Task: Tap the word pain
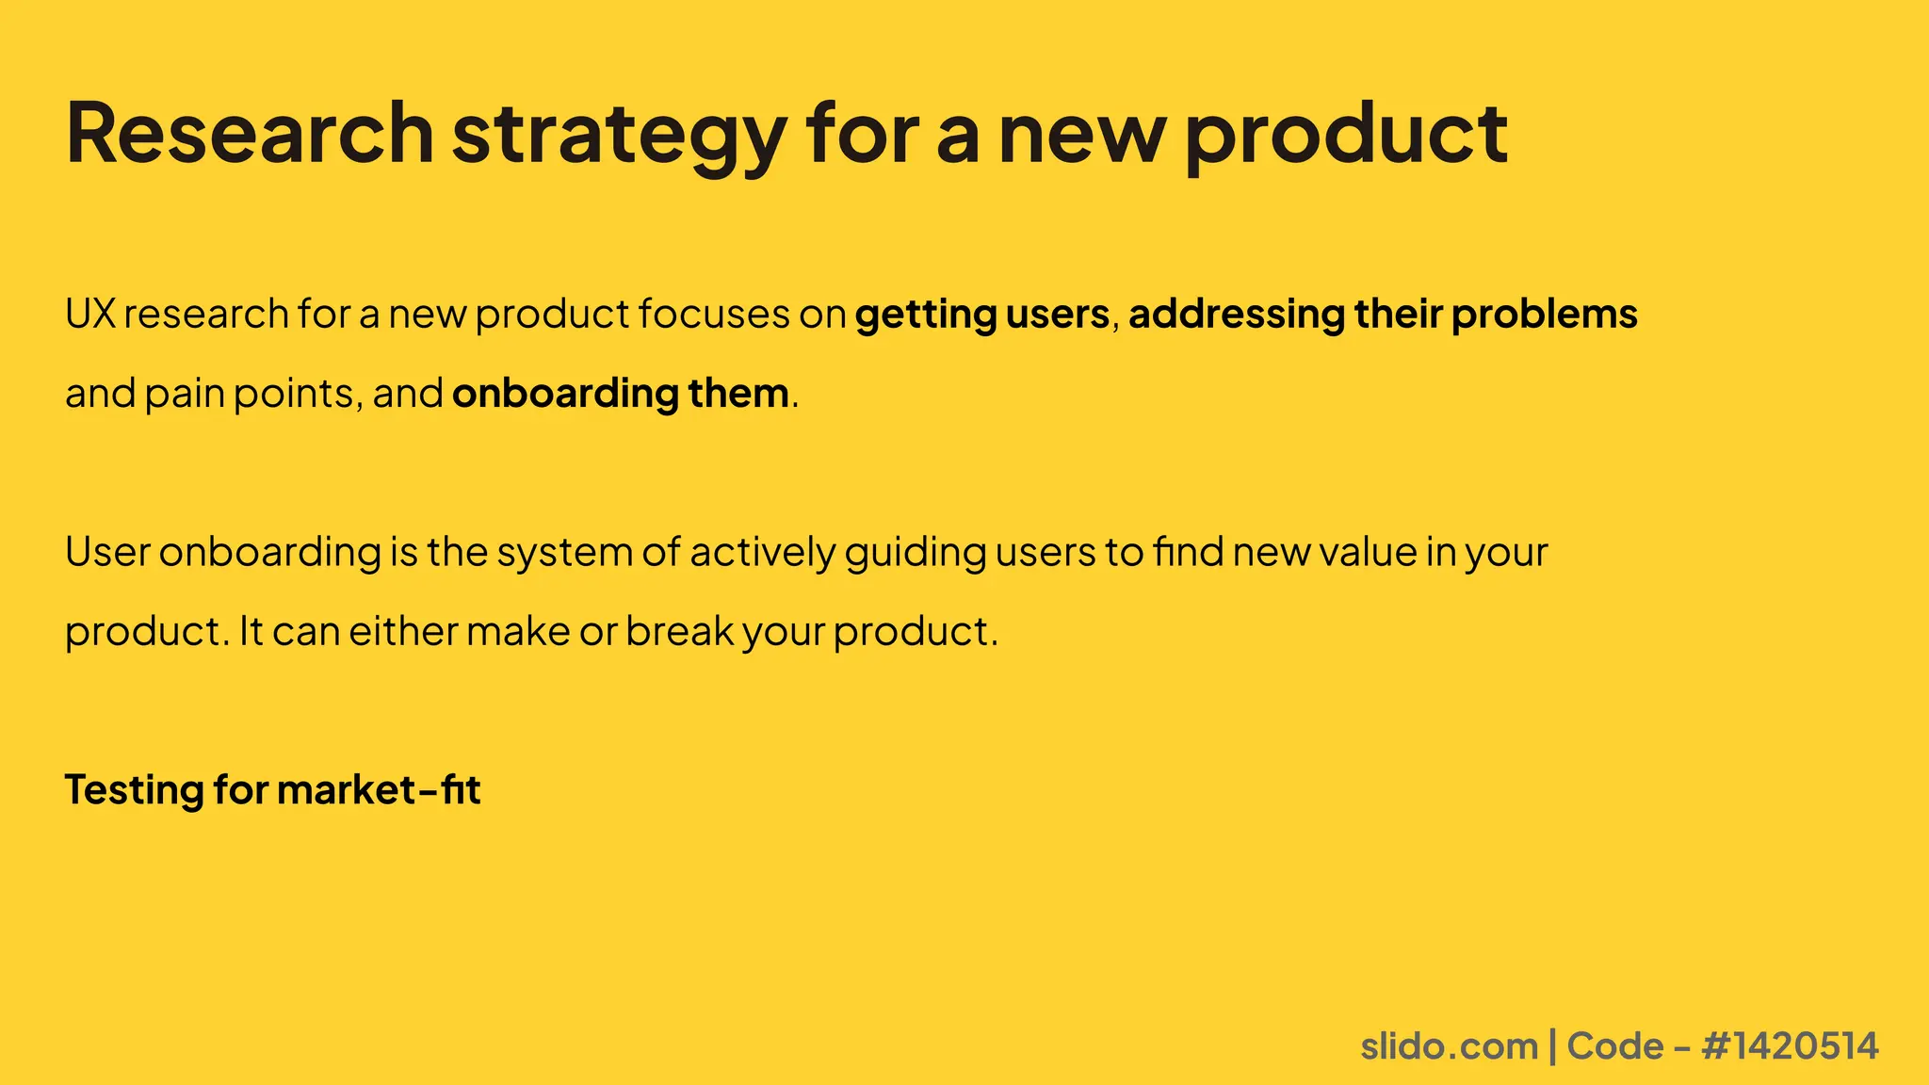pos(184,394)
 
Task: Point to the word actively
pos(763,553)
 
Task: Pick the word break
pos(679,631)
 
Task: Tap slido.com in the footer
pos(1449,1046)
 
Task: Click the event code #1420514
pos(1790,1046)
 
